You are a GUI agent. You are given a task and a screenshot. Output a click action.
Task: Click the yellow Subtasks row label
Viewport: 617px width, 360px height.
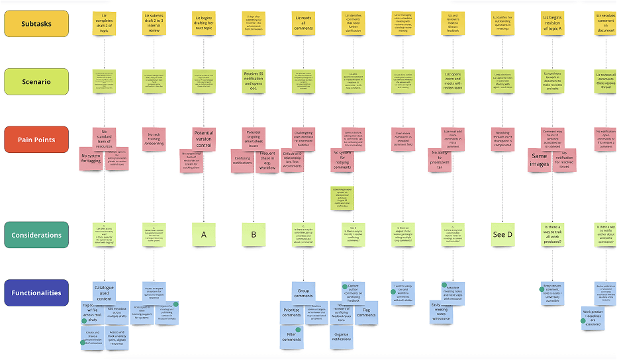[36, 23]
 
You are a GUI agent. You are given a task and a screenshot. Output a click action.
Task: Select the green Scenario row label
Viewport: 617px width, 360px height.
[36, 81]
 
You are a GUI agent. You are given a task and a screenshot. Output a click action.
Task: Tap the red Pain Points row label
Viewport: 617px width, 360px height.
[36, 140]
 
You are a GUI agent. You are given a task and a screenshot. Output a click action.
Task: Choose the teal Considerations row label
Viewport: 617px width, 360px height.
[36, 235]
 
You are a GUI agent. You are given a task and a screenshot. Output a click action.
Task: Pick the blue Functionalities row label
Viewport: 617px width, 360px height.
[36, 292]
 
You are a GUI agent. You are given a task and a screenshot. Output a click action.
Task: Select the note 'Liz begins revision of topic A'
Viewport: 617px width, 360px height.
[553, 23]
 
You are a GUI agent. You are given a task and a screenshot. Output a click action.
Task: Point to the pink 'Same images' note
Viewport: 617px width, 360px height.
[539, 160]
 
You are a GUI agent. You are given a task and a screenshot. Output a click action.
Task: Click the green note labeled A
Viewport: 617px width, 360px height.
[203, 234]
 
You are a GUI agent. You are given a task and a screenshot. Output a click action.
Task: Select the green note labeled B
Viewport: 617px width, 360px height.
[254, 234]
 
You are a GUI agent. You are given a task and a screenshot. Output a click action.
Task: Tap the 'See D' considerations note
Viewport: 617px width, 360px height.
[503, 234]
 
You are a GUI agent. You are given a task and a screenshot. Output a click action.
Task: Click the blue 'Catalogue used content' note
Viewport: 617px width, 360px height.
[103, 292]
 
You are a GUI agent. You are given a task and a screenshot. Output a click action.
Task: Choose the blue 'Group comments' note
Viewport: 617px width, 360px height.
[304, 292]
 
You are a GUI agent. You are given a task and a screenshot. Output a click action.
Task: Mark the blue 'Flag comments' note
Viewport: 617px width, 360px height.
[366, 312]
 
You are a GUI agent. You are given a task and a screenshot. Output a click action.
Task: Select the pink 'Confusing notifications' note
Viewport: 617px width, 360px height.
[242, 160]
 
